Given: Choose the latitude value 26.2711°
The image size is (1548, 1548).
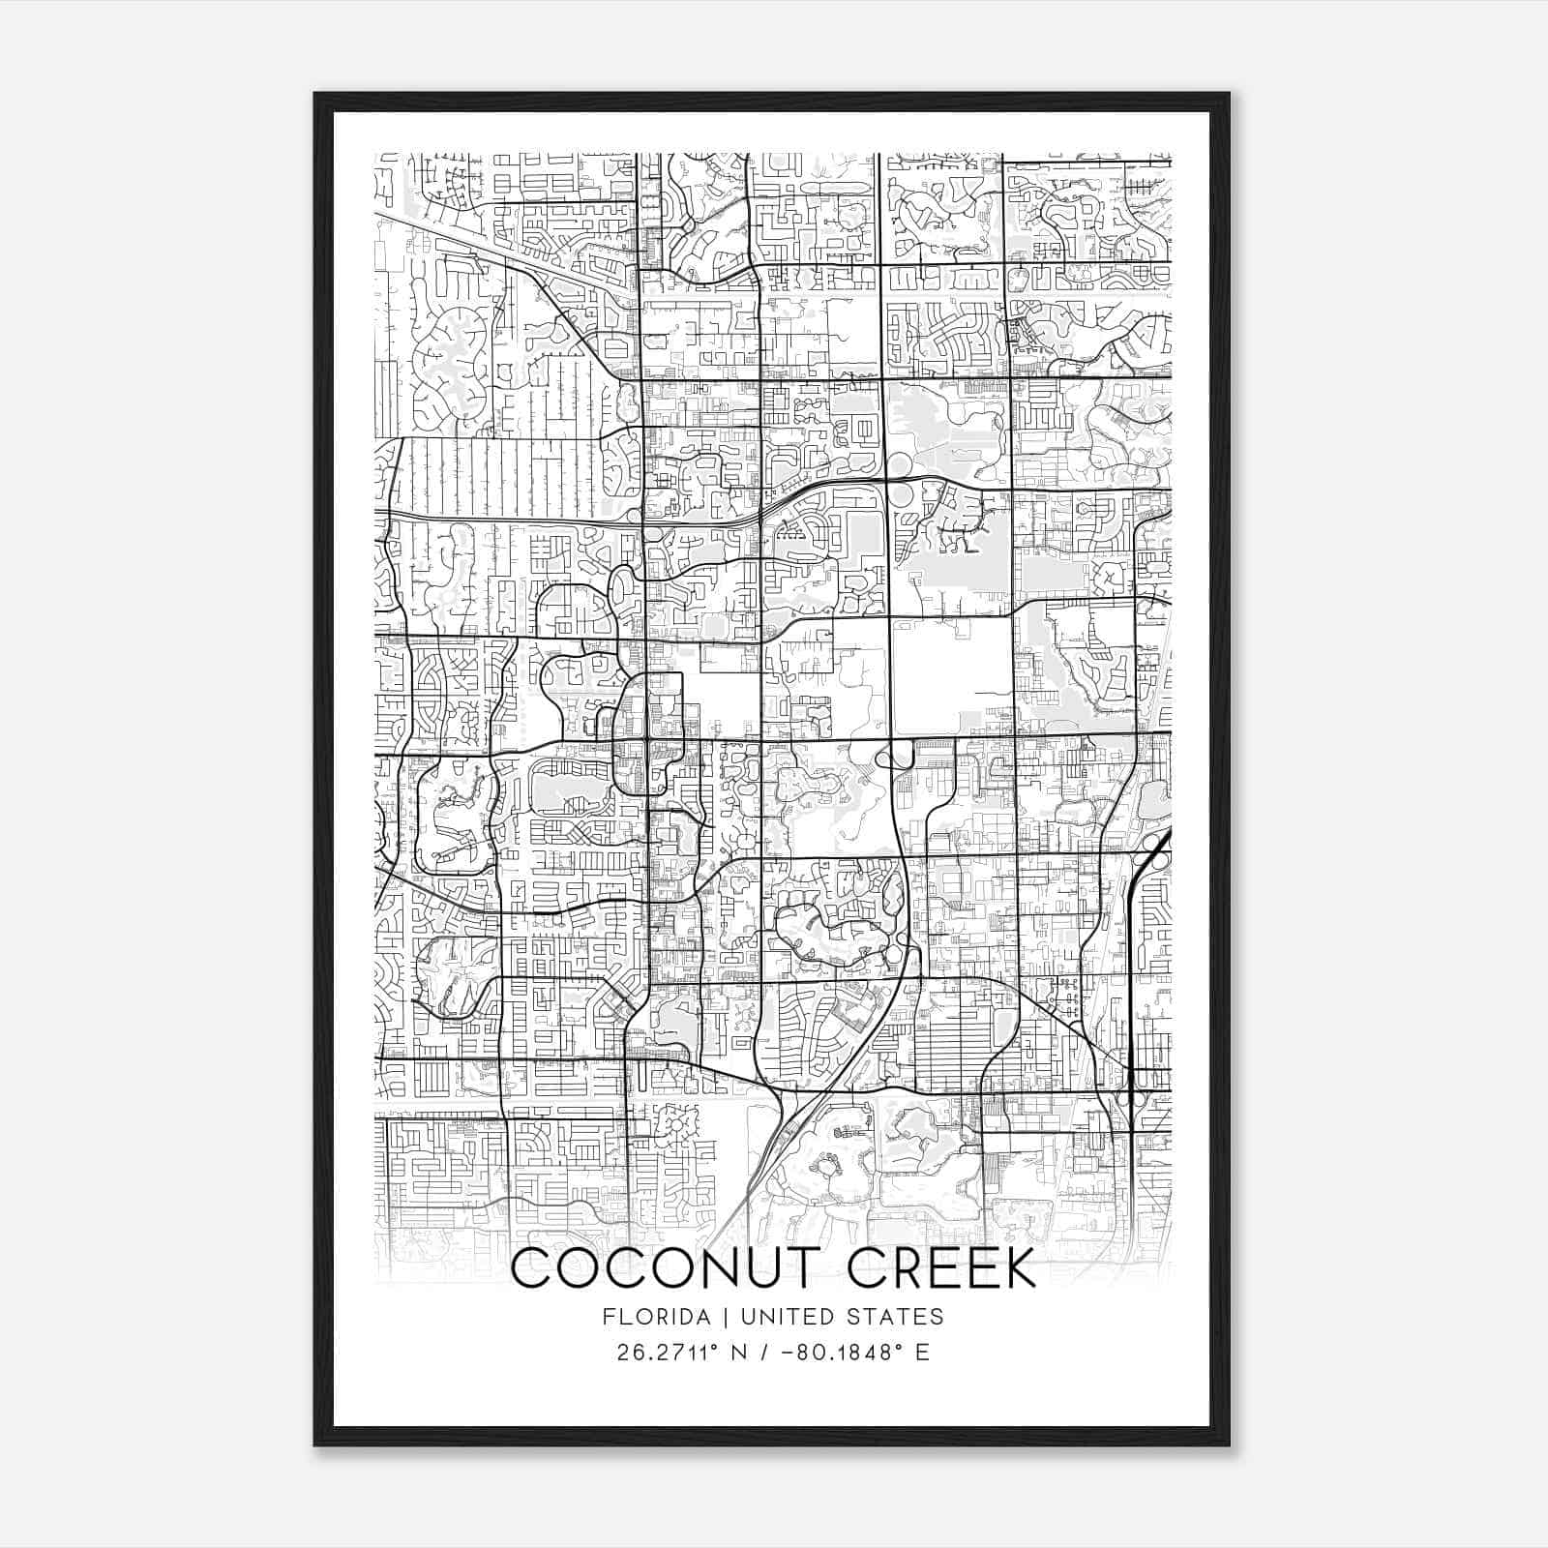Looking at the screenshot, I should coord(669,1352).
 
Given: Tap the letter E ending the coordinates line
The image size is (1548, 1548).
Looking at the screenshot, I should coord(922,1352).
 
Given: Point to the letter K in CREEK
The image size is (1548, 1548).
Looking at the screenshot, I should coord(1018,1268).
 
